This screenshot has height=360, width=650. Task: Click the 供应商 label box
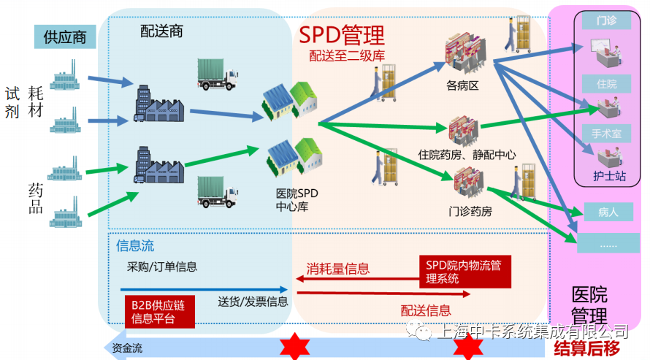coord(65,37)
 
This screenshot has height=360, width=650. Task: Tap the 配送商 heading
coord(161,31)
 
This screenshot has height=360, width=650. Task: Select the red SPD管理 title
coord(342,34)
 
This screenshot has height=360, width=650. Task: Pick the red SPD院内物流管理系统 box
coord(464,271)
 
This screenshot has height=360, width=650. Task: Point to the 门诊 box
coord(606,20)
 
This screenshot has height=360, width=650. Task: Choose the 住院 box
coord(606,84)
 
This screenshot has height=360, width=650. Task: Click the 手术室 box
coord(606,134)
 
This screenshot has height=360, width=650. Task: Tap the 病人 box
coord(608,212)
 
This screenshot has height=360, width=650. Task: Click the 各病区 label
coord(462,85)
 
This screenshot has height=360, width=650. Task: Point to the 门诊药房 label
coord(470,212)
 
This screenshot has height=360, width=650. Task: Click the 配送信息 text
coord(426,310)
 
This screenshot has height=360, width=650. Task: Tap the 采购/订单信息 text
coord(162,267)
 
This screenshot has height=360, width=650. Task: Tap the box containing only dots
coord(608,244)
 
